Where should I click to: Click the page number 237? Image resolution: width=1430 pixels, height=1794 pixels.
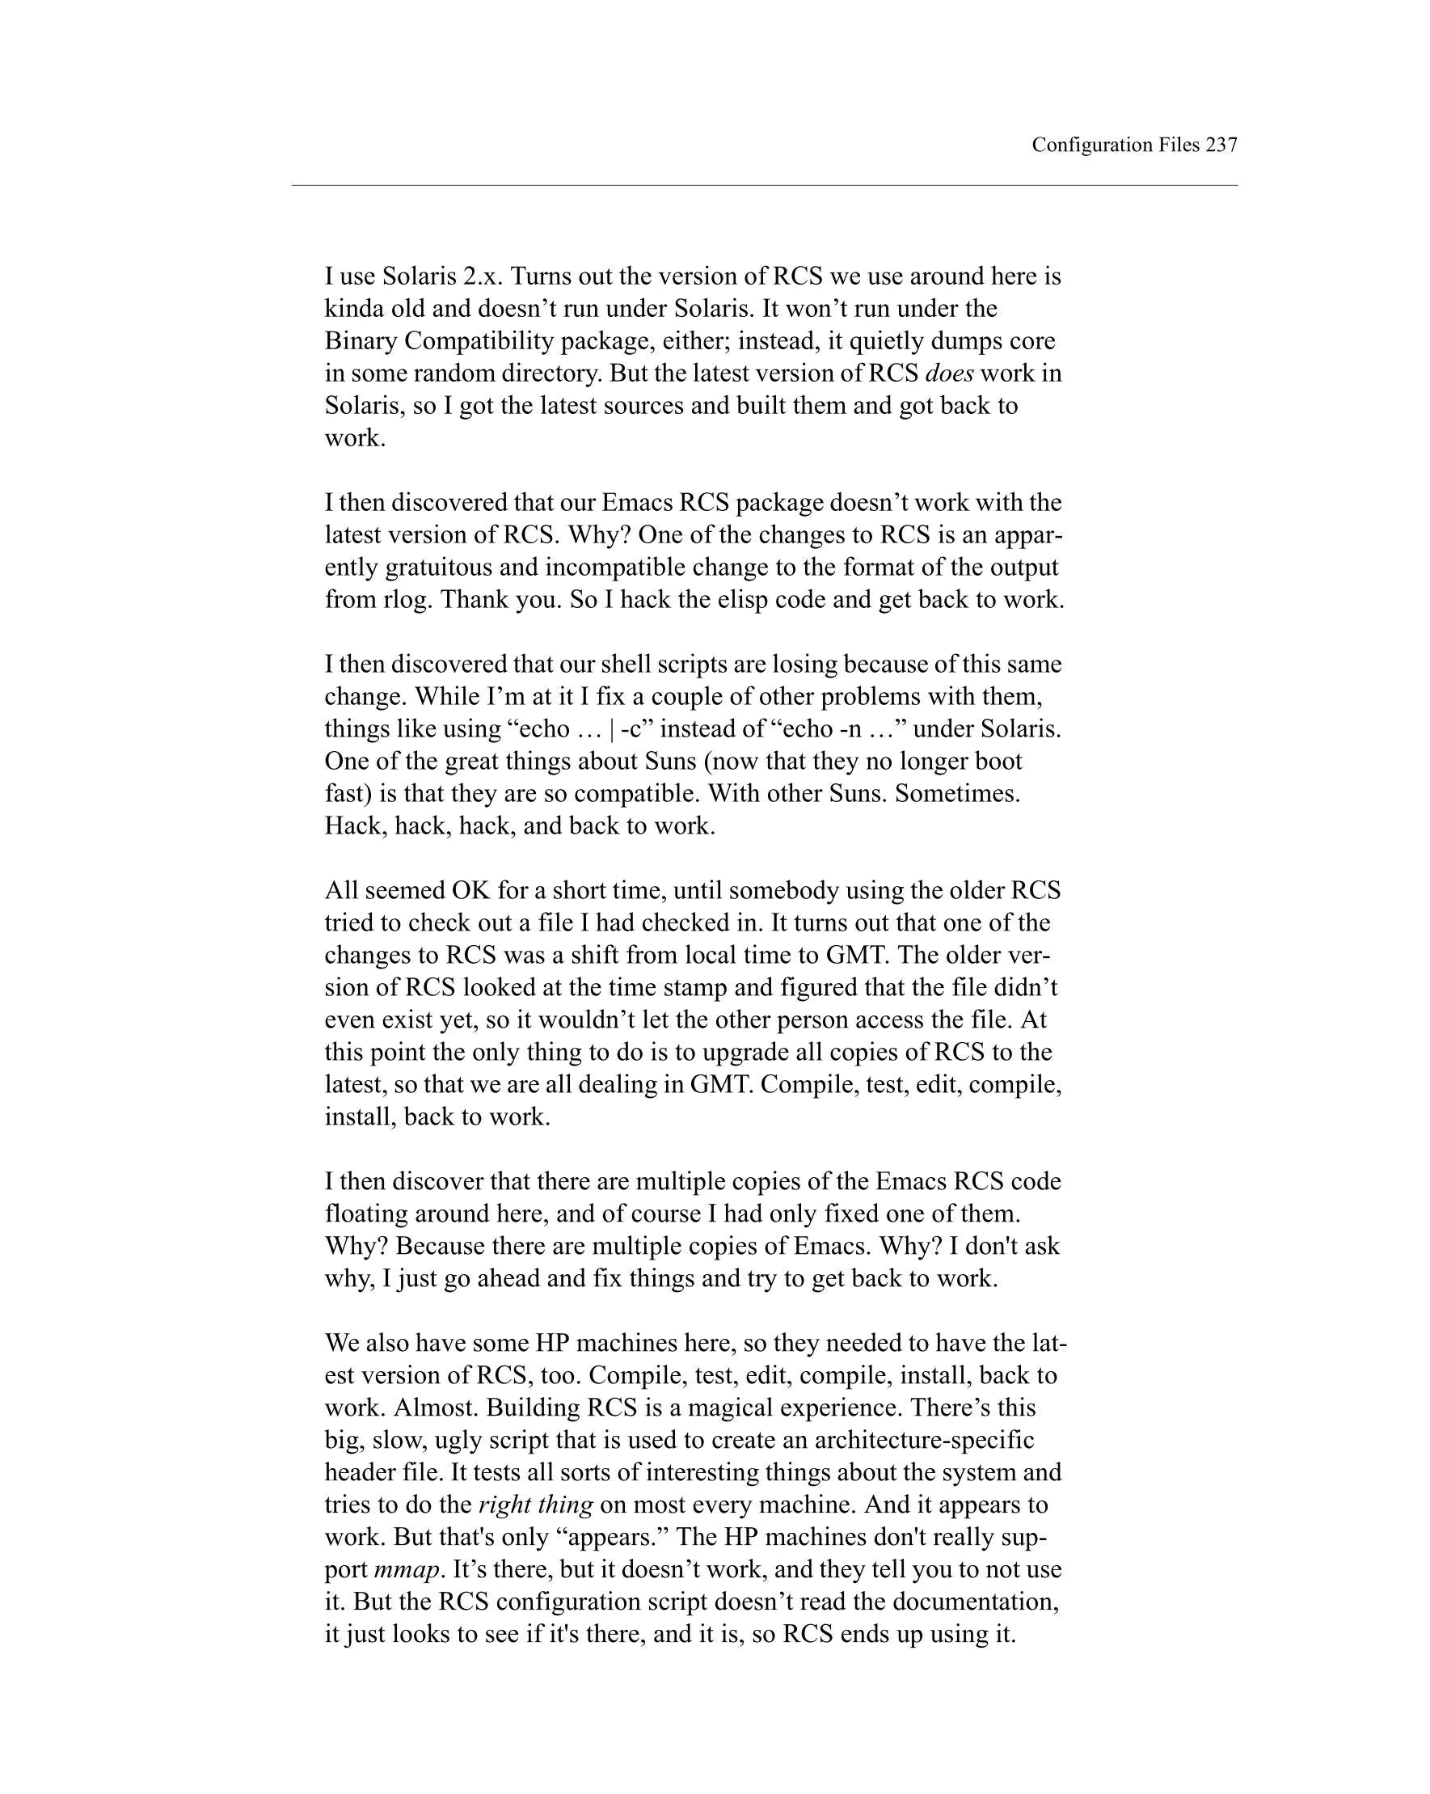pyautogui.click(x=1221, y=145)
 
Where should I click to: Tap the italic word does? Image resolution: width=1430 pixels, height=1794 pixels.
pyautogui.click(x=948, y=374)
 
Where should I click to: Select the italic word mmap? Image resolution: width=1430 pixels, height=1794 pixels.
pyautogui.click(x=406, y=1569)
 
